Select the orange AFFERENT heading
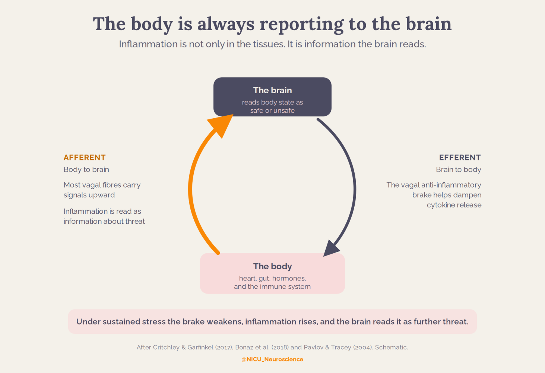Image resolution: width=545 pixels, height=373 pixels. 85,157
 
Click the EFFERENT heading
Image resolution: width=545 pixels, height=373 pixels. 460,157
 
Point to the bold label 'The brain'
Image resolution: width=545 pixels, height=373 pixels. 273,90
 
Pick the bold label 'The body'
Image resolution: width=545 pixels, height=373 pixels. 273,266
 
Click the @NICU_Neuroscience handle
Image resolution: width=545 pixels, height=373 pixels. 272,359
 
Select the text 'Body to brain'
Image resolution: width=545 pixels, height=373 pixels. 86,170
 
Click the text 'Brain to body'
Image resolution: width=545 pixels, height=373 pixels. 458,170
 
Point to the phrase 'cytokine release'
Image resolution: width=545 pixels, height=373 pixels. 454,205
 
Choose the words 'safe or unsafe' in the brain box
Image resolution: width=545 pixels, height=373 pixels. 273,111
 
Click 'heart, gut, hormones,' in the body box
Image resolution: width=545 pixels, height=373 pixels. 273,279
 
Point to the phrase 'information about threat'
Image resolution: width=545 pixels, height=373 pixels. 104,221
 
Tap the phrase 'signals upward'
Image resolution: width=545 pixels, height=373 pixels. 89,195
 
